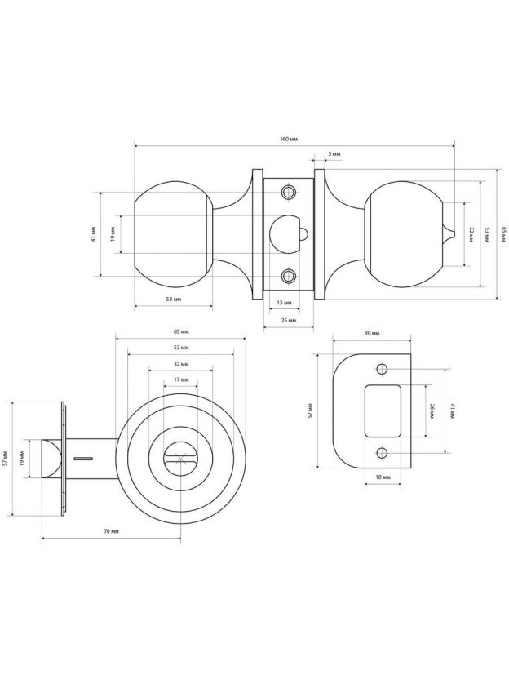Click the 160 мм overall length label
coord(289,139)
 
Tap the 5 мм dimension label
coord(334,153)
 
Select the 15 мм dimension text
coord(284,303)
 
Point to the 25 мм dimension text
coord(289,321)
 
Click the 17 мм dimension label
coord(181,379)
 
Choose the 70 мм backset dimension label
coord(111,531)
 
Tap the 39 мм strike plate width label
coord(372,334)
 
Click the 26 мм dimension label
coord(432,410)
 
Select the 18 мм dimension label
coord(383,477)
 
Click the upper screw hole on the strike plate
coord(381,370)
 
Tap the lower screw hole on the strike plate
coord(381,454)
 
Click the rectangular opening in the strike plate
coord(383,411)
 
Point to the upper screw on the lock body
coord(288,192)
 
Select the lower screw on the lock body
coord(288,276)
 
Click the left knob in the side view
coord(174,234)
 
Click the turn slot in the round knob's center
coord(181,459)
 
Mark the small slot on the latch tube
coord(82,458)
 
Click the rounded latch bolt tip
coord(51,459)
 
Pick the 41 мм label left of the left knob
coord(94,234)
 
